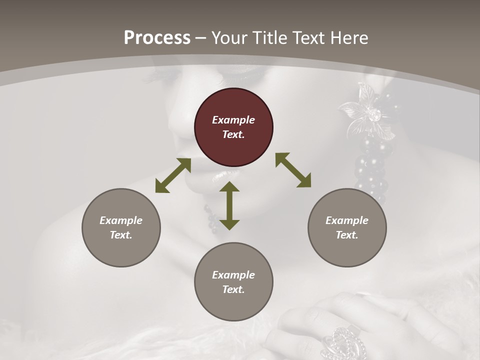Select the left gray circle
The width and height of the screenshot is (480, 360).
[x=121, y=227]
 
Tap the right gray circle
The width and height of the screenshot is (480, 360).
[x=347, y=227]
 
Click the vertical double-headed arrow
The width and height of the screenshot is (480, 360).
[x=229, y=205]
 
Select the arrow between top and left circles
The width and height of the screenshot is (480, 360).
[x=173, y=175]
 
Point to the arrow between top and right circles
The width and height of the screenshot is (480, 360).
[x=293, y=170]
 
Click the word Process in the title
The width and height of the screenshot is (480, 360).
[x=157, y=38]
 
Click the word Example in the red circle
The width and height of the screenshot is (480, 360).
[x=233, y=120]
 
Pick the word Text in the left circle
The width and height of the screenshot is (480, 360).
[x=121, y=235]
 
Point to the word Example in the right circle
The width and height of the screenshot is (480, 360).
[x=347, y=220]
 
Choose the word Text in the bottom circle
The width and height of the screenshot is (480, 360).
[x=233, y=289]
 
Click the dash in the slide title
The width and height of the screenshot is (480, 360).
[x=201, y=38]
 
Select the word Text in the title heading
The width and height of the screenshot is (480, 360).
[x=306, y=38]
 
